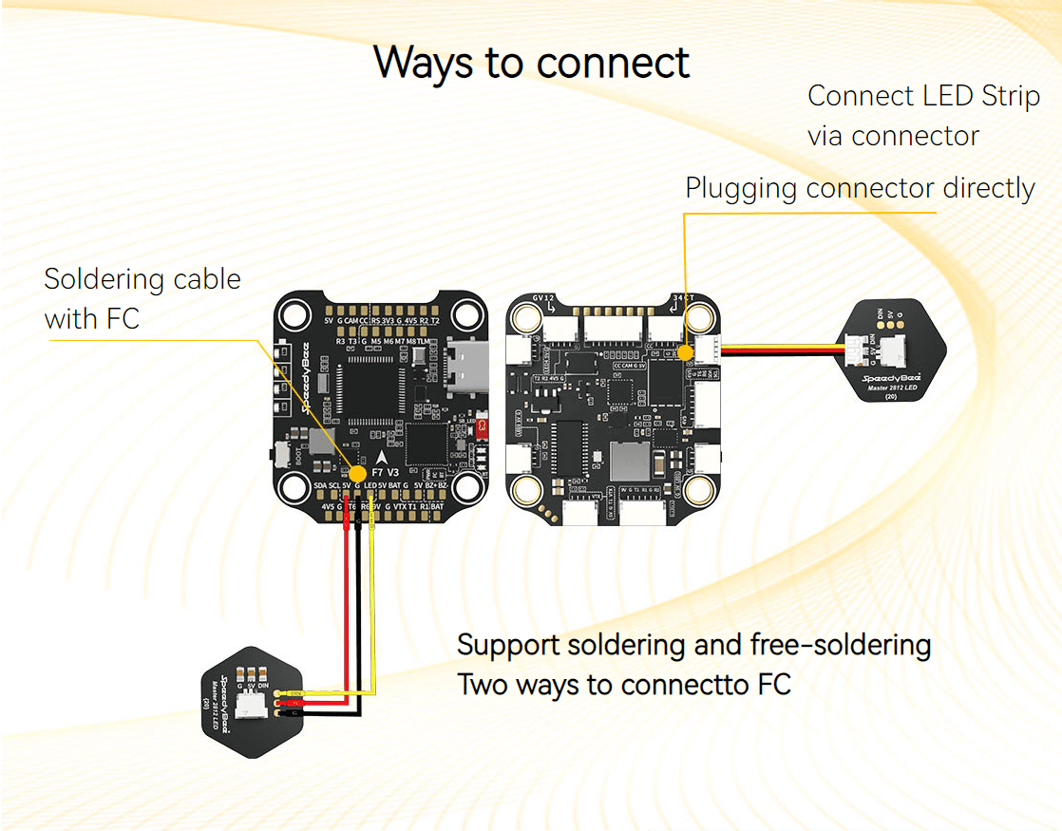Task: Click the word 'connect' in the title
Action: click(x=613, y=63)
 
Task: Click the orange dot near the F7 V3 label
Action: click(x=358, y=473)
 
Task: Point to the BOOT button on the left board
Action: click(x=281, y=453)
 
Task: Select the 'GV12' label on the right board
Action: click(x=543, y=297)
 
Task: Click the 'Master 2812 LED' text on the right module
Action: click(x=891, y=387)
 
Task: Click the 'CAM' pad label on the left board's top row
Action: click(x=351, y=321)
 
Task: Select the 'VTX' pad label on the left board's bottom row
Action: click(x=401, y=506)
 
